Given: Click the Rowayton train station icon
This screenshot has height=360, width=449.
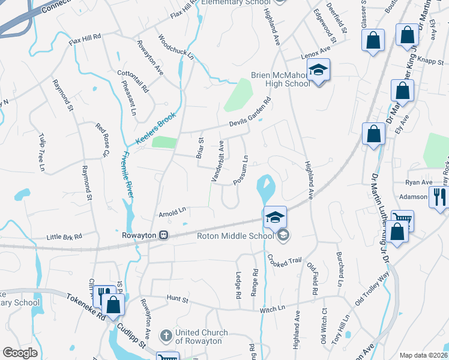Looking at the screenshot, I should [162, 236].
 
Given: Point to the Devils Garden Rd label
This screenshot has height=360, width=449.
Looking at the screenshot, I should [250, 115].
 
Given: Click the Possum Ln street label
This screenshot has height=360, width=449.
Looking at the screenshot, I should [241, 171].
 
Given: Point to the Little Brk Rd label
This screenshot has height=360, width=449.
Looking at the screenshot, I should [64, 238].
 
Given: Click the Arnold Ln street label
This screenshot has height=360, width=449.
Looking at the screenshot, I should [173, 212].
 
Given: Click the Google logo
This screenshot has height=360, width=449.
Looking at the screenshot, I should [20, 353].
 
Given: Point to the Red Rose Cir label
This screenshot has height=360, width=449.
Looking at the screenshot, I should [101, 140].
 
